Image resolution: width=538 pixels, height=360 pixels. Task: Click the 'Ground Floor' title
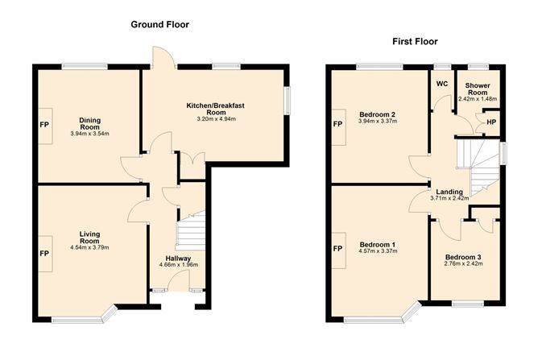[x=159, y=24]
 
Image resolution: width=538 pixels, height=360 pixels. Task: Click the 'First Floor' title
[x=415, y=41]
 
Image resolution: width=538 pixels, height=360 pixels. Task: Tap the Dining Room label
[x=89, y=122]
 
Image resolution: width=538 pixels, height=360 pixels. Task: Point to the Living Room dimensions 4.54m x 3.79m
[x=89, y=247]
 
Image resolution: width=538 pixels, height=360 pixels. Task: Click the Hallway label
[x=175, y=258]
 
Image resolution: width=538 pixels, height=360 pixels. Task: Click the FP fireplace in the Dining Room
[x=43, y=126]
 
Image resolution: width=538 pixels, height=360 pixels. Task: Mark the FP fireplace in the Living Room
[x=43, y=252]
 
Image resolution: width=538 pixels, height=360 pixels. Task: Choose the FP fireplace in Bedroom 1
[x=337, y=248]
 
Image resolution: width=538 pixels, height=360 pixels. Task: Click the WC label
[x=441, y=84]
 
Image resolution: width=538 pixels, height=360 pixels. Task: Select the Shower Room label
[x=477, y=89]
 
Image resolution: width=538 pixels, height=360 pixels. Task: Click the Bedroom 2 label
[x=377, y=114]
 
